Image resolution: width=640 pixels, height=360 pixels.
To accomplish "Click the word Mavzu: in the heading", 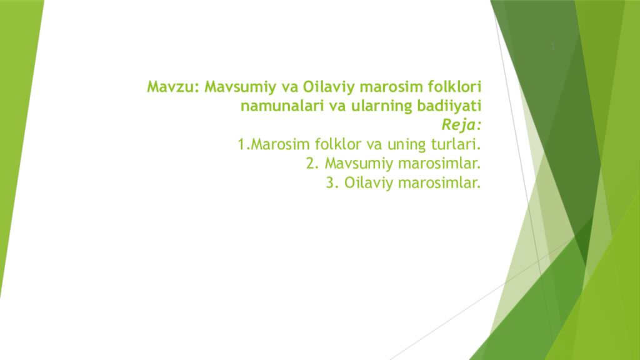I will coord(173,86).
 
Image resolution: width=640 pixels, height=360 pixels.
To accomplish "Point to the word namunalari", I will coord(281,106).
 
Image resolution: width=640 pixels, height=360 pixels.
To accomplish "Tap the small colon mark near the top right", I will coord(553,46).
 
